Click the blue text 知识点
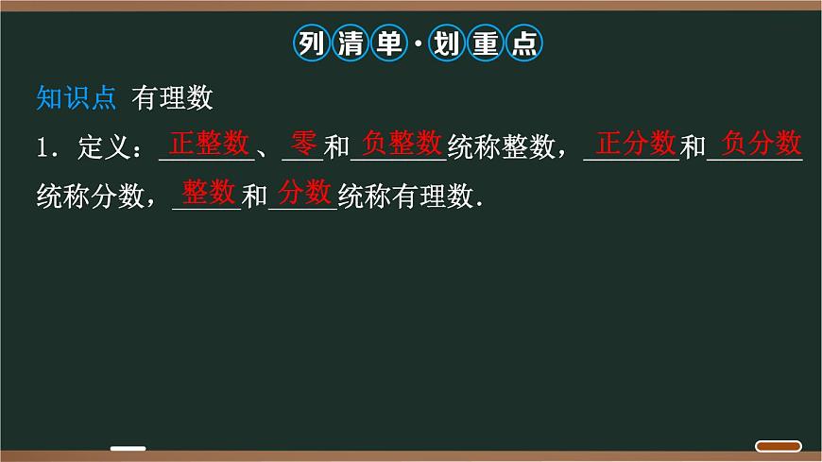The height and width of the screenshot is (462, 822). tap(77, 98)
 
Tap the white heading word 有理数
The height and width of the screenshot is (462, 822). tap(174, 98)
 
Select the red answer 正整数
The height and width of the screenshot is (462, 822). tap(209, 144)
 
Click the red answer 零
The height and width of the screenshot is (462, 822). tap(304, 144)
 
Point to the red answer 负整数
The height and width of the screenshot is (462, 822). tap(402, 144)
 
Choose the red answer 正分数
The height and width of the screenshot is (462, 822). tap(637, 144)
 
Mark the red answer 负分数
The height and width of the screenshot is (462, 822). tap(761, 144)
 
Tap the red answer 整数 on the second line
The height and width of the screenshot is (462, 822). tap(209, 192)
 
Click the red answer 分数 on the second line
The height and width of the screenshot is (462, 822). tap(305, 192)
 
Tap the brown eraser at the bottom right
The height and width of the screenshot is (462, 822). tap(779, 447)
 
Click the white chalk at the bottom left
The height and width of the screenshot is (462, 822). tap(128, 449)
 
